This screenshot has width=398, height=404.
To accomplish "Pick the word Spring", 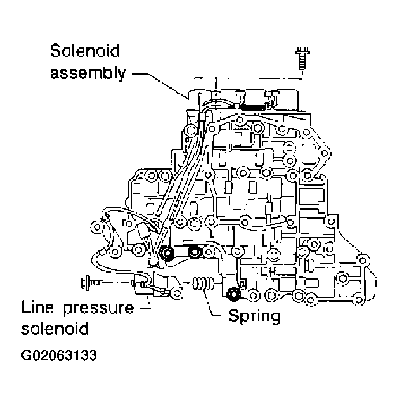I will click(255, 316).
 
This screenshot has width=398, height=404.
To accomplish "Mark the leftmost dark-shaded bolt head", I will click(169, 253).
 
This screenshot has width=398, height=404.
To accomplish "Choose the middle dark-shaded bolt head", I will click(194, 252).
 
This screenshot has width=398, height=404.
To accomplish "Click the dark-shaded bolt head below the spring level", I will click(234, 295).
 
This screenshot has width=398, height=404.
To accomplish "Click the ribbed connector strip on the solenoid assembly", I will click(252, 105).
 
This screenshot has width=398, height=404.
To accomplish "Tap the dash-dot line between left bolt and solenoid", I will click(119, 283).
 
